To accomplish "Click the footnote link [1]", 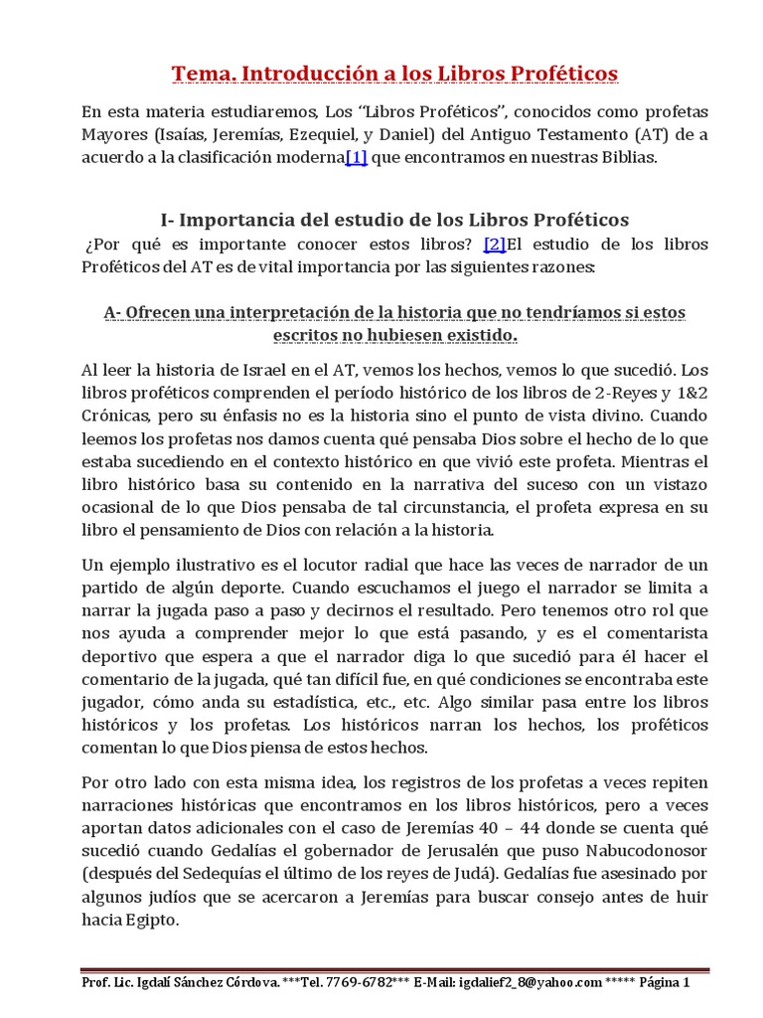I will click(x=356, y=159).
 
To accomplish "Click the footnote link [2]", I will click(x=495, y=244).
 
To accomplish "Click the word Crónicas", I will click(x=115, y=417).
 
